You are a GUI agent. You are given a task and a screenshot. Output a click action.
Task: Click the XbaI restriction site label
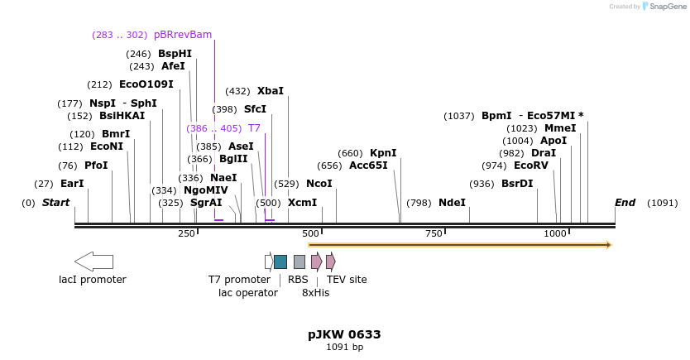tap(270, 91)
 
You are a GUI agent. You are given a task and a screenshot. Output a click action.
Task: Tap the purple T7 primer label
tap(254, 128)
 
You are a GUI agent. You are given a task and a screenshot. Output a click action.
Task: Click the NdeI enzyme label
tap(452, 203)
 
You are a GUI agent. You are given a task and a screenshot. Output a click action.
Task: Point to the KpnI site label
tap(383, 153)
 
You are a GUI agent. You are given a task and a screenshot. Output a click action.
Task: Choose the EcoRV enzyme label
tap(531, 166)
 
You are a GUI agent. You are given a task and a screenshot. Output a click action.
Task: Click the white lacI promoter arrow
tap(94, 262)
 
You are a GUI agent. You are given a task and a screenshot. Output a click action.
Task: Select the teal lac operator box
tap(280, 262)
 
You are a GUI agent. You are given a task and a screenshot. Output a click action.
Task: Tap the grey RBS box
tap(299, 262)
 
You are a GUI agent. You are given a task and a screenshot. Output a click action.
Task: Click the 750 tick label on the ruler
tap(434, 234)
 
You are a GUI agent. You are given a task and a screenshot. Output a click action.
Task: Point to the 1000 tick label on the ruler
tap(556, 234)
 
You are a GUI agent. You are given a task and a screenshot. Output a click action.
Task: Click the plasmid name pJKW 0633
tap(344, 334)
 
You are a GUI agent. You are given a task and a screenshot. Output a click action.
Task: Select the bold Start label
tap(55, 203)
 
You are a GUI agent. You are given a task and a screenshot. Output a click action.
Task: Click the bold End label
tap(625, 203)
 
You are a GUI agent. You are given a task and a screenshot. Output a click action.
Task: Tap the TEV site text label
tap(347, 280)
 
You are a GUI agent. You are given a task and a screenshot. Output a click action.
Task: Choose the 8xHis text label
tap(315, 293)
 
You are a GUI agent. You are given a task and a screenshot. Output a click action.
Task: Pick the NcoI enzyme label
tap(319, 184)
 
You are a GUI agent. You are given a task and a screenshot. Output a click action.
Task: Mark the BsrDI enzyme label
tap(517, 184)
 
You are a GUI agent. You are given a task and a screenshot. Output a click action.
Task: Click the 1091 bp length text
tap(344, 348)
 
